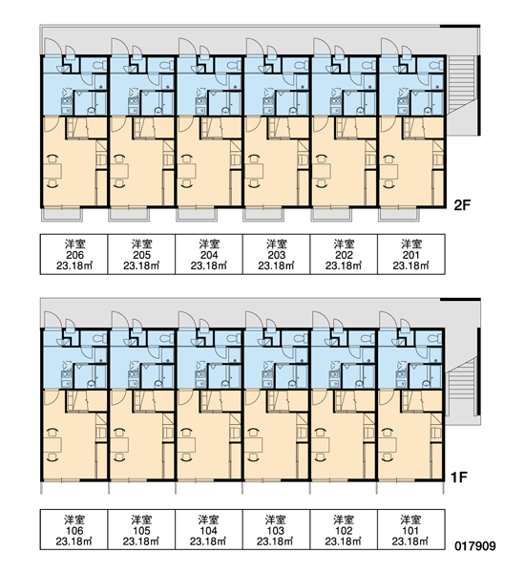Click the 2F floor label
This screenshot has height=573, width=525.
click(x=462, y=205)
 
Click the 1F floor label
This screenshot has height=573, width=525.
click(x=458, y=477)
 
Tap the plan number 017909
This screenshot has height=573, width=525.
click(x=475, y=546)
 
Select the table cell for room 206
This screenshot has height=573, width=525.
click(x=74, y=254)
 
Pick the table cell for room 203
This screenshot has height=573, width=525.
click(x=276, y=254)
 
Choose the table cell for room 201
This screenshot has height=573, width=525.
click(x=411, y=254)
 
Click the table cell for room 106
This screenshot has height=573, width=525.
click(x=74, y=529)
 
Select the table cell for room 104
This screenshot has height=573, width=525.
click(x=209, y=529)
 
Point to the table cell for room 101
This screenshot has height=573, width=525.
click(x=411, y=529)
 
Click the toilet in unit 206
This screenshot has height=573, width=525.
click(x=99, y=65)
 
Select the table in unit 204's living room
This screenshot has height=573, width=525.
click(x=187, y=171)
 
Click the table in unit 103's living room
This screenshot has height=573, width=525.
click(x=253, y=445)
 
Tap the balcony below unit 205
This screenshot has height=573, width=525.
click(x=129, y=215)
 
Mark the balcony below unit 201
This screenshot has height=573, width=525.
click(x=399, y=215)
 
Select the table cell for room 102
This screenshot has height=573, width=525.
click(x=344, y=529)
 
